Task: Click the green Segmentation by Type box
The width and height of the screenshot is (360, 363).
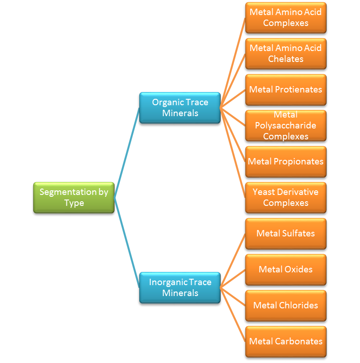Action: coord(74,198)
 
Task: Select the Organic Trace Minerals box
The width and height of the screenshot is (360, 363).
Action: coord(180,108)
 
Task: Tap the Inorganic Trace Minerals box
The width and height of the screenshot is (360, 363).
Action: coord(180,288)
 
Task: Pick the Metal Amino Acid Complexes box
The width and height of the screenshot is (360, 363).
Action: coord(286,18)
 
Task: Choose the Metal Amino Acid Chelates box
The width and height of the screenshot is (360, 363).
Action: coord(286,54)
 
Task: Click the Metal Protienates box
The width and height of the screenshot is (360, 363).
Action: coord(286,90)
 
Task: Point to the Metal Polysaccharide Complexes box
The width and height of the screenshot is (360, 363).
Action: coord(286,126)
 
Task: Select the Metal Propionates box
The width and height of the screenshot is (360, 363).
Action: coord(286,162)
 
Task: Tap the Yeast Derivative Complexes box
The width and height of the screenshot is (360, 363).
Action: coord(286,198)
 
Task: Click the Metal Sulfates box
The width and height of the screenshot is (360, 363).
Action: coord(286,234)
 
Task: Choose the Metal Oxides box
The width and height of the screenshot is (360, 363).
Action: coord(286,270)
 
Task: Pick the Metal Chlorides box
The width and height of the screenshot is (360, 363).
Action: coord(286,306)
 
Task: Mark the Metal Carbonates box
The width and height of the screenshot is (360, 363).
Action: coord(286,342)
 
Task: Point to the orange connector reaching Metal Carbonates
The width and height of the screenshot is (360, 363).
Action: coord(233,315)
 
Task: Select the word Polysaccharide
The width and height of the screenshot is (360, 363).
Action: coord(286,126)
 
